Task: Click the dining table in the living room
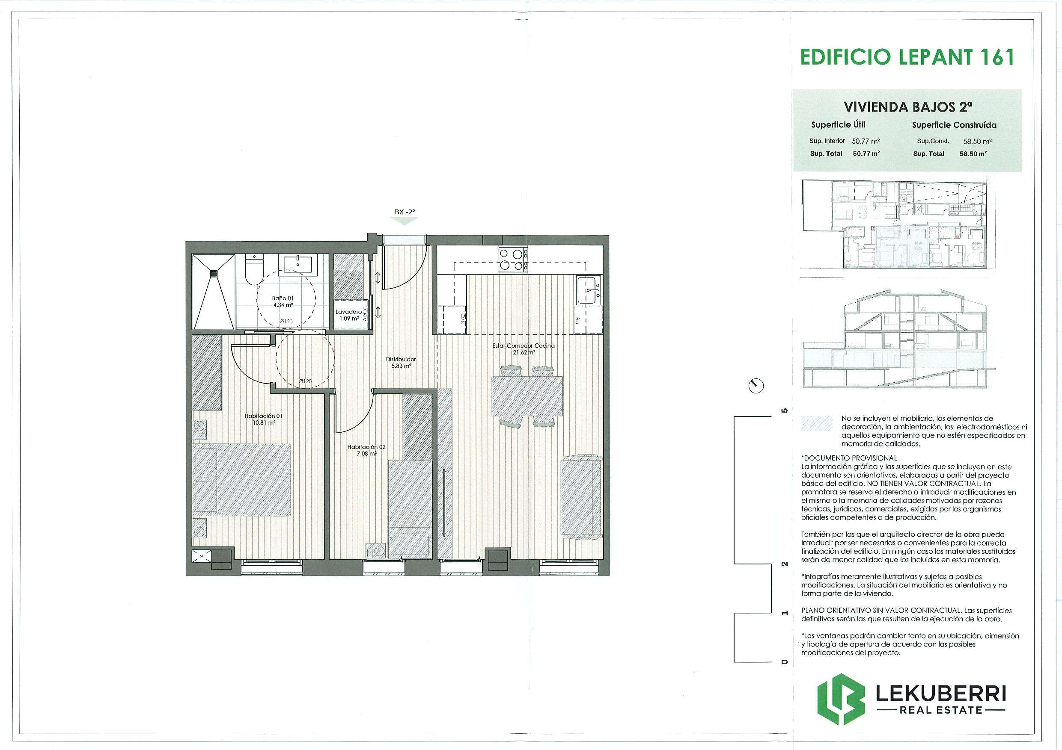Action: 527,397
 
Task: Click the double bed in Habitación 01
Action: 241,480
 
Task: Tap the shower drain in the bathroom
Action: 214,274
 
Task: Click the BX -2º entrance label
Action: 405,212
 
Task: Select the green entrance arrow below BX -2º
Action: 405,221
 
